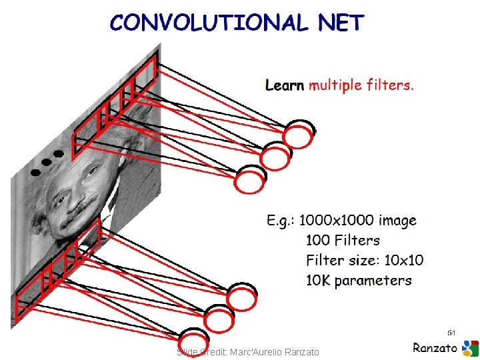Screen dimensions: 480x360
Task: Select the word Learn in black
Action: click(285, 85)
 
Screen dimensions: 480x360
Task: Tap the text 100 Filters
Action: click(343, 240)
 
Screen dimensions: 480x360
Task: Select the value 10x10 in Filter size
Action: click(405, 260)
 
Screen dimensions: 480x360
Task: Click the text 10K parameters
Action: click(359, 280)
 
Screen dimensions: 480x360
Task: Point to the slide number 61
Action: click(451, 332)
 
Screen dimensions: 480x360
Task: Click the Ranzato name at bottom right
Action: click(435, 347)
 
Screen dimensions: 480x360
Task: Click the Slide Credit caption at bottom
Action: click(248, 351)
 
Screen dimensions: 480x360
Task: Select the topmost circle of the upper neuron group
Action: click(297, 136)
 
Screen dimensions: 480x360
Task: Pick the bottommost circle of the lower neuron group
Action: click(194, 341)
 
